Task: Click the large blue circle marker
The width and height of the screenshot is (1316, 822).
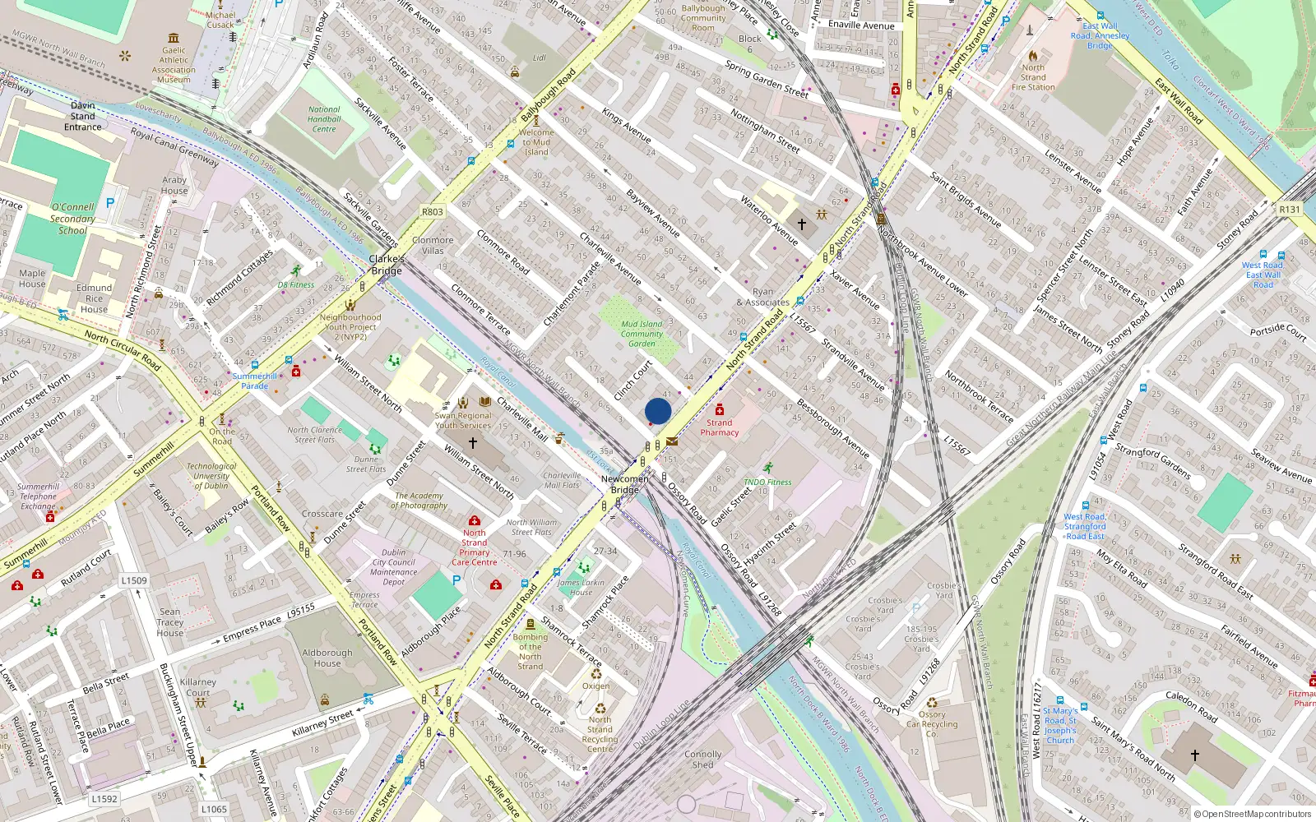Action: coord(658,411)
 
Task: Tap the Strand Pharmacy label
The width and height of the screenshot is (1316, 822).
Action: coord(720,427)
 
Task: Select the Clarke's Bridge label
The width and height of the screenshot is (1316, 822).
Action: coord(387,265)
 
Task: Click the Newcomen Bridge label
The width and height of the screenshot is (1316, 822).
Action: coord(625,484)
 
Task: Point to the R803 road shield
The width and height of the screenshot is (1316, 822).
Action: coord(433,212)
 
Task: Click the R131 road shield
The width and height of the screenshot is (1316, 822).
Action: coord(1290,210)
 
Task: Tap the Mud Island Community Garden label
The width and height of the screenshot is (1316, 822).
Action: coord(642,334)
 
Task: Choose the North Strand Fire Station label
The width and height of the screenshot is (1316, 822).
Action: coord(1033,77)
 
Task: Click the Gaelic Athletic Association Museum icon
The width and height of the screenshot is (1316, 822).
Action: coord(174,38)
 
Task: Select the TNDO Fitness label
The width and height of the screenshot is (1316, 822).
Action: coord(767,483)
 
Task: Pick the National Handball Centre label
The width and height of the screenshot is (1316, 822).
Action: coord(324,119)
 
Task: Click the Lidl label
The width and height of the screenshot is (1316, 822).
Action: coord(539,58)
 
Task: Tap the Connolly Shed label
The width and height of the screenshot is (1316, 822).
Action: coord(703,759)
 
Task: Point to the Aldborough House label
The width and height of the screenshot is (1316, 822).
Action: coord(327,658)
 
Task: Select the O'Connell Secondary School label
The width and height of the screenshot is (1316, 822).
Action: coord(72,219)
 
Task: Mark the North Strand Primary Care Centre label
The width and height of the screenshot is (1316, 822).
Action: coord(475,547)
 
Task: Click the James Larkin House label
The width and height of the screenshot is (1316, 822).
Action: coord(582,587)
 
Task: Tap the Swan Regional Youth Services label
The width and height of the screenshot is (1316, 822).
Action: coord(463,420)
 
